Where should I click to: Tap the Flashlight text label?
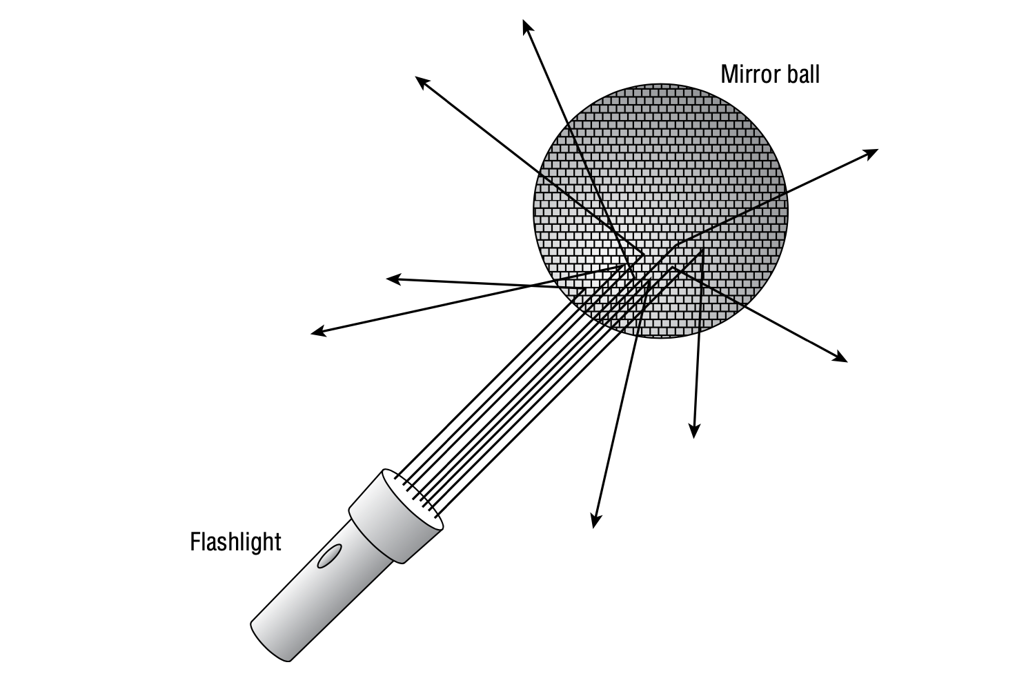tap(235, 541)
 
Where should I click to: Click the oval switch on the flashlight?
tap(328, 556)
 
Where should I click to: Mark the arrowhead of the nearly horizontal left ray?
tap(392, 279)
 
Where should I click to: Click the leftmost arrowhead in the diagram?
tap(317, 333)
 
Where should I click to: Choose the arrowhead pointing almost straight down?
tap(694, 432)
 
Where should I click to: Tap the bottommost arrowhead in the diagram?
tap(595, 522)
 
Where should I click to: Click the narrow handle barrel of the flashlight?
tap(310, 593)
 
